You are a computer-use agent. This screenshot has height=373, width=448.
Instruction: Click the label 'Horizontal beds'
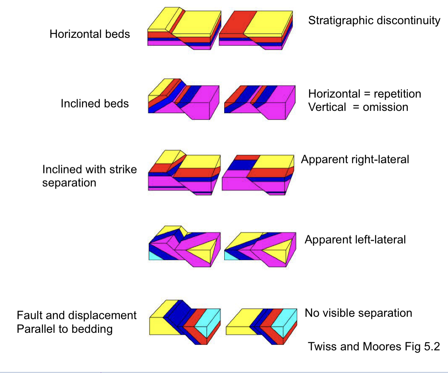point(89,34)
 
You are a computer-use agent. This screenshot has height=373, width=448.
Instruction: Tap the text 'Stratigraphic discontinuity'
point(374,20)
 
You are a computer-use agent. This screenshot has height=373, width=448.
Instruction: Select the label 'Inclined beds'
point(95,104)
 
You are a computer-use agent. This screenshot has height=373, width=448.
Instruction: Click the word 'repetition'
point(397,94)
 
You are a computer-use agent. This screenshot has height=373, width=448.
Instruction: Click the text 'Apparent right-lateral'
point(355,159)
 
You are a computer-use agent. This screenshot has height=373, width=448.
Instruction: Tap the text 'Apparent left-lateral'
point(355,239)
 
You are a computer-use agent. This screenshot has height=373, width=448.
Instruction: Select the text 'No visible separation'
point(358,313)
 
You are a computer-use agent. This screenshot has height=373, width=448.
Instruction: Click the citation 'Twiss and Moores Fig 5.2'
point(374,346)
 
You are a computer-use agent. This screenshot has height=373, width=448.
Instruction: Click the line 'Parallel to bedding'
point(64,329)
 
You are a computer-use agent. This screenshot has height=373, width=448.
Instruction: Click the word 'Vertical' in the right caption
point(327,107)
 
